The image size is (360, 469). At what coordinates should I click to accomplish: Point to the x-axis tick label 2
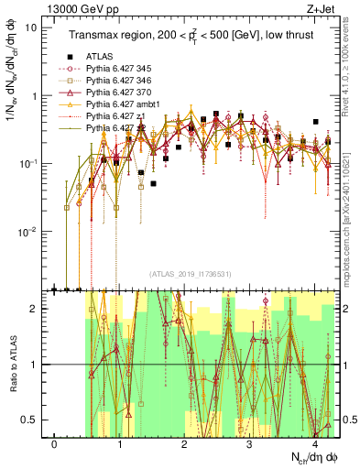pos(184,444)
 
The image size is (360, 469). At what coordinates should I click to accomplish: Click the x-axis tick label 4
pos(314,444)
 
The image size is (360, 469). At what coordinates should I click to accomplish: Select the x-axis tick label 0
pos(55,444)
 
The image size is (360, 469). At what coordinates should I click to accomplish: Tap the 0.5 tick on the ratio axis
pos(35,420)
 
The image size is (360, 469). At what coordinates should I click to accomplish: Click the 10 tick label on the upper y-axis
pos(32,27)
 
